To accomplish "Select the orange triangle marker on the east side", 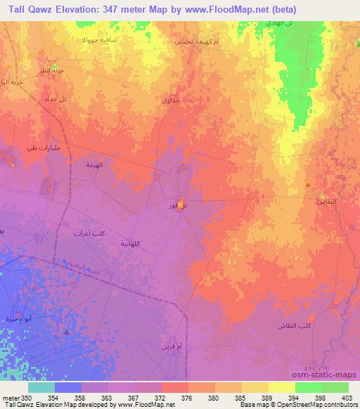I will click(x=308, y=185).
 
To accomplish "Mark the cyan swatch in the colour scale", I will click(x=41, y=387).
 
